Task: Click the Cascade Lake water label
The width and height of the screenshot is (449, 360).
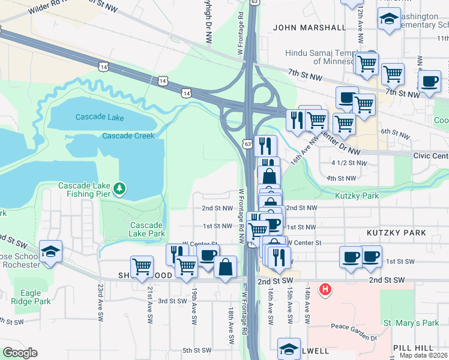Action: point(99,117)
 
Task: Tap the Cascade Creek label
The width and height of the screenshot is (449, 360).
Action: point(128,136)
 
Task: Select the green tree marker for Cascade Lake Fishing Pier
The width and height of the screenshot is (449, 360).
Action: point(120,190)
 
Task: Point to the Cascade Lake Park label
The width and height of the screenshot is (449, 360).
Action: point(147,229)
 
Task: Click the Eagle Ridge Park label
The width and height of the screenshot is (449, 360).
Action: point(31,298)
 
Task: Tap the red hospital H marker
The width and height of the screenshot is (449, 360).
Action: point(325,290)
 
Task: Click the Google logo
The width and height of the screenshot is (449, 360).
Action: point(20,353)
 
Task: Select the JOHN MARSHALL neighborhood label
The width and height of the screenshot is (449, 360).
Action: point(309,28)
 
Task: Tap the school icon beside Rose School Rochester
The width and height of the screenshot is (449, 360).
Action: point(51,251)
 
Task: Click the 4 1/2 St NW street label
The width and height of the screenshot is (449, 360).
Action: point(349,163)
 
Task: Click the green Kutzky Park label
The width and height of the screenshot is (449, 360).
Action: point(357,196)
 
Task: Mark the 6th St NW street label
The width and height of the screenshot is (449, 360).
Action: point(394,131)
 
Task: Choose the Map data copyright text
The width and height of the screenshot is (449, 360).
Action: point(424,355)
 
